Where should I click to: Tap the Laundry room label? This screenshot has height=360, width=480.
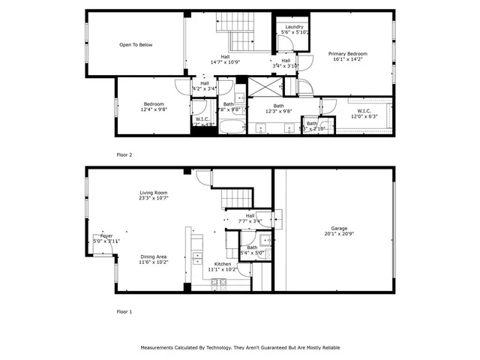point(294,26)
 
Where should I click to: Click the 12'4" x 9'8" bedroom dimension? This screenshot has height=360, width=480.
point(154,109)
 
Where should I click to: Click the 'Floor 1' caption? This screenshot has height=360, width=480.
point(124,310)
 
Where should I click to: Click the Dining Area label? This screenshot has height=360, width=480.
point(153,256)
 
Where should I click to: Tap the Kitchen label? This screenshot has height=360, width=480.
point(223,264)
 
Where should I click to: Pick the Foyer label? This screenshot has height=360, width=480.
point(106,235)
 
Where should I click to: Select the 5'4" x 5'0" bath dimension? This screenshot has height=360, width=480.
point(252,253)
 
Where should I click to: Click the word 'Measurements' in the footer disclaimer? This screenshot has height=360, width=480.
point(160,348)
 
